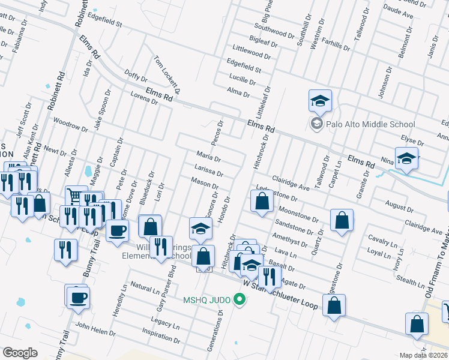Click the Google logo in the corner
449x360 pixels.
coord(20,353)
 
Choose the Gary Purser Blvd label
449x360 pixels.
coord(170,288)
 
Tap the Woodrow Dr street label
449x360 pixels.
coord(67,124)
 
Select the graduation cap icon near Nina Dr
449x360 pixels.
coord(406,159)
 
